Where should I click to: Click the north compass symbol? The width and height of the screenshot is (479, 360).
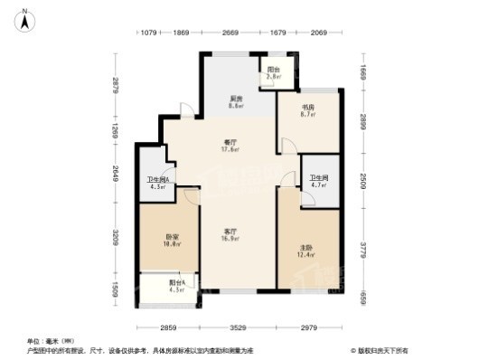click(28, 17)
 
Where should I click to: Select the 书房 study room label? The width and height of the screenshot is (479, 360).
click(306, 109)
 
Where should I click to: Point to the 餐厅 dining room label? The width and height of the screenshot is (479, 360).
click(231, 143)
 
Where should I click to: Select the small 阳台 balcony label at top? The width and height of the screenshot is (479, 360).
click(274, 71)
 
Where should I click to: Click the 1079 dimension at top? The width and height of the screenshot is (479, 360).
click(150, 33)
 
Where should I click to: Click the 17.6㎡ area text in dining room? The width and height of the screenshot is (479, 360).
click(231, 150)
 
